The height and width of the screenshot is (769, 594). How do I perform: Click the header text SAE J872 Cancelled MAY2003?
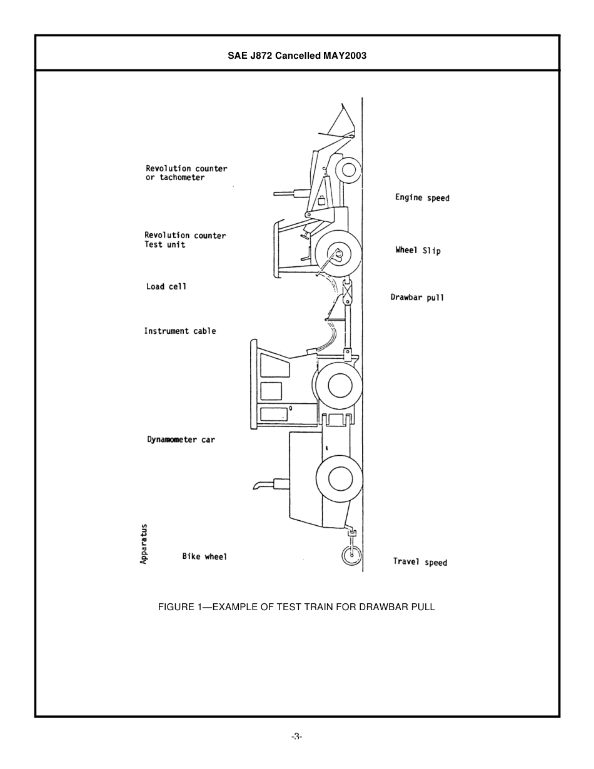point(297,55)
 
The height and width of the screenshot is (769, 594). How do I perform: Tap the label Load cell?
point(166,286)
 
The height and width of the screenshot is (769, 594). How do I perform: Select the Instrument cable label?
point(180,331)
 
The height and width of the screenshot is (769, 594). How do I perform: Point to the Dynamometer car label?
point(181,440)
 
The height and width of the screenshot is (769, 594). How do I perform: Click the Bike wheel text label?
point(204,556)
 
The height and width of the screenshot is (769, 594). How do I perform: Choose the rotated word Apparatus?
point(144,544)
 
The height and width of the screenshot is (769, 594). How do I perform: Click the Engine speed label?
point(422,198)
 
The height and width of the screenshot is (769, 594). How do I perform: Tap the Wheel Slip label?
point(418,250)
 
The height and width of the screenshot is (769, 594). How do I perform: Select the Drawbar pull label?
point(417,298)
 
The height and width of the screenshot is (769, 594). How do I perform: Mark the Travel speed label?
point(420,561)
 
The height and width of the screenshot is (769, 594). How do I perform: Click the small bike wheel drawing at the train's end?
point(351,555)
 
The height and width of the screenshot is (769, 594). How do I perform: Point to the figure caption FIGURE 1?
point(296,606)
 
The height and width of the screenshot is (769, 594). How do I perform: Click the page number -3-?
point(296,736)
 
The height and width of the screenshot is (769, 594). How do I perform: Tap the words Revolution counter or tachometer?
point(186,173)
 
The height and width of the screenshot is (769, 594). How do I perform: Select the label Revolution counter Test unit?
point(185,239)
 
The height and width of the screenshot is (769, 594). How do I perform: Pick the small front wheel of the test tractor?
point(348,169)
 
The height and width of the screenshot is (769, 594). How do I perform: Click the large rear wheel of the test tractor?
point(338,254)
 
